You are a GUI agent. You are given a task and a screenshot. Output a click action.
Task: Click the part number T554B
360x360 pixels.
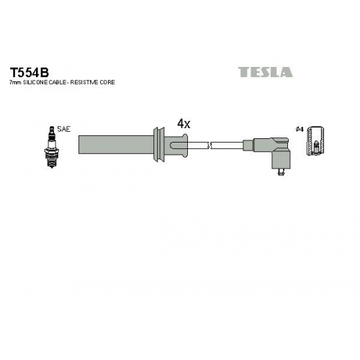29,72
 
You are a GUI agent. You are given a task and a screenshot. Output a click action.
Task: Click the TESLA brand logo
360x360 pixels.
265,72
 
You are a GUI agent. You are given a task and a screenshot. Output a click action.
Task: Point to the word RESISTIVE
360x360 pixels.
84,82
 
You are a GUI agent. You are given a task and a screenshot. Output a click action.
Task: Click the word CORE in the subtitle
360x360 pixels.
107,82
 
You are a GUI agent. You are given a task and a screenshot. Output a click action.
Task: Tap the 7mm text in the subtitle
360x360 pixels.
16,82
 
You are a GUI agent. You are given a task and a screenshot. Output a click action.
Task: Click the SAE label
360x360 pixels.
63,129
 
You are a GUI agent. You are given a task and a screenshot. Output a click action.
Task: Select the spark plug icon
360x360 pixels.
52,147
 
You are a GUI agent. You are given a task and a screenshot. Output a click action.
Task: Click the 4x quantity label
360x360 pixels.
184,124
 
